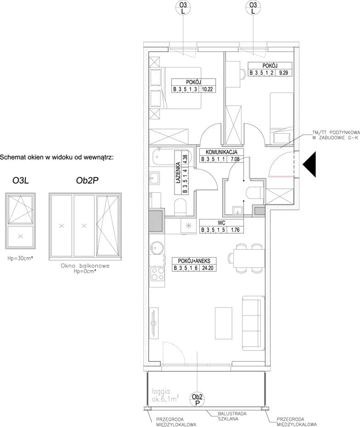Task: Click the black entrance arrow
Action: (309, 164)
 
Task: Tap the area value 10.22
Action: (207, 89)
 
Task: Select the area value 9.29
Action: (283, 73)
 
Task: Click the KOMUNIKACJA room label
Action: (221, 152)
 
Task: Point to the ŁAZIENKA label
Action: (178, 173)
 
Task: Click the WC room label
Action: (222, 223)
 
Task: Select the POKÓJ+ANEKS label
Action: (194, 261)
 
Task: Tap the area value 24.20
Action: (208, 268)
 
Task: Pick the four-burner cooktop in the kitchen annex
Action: (157, 274)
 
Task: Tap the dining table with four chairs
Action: (247, 258)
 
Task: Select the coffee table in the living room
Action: (224, 323)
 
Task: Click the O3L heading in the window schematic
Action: (20, 180)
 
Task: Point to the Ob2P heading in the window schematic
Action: (87, 180)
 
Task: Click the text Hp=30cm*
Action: (20, 258)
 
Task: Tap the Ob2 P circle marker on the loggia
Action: (197, 399)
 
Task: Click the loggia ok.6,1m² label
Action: (165, 395)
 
